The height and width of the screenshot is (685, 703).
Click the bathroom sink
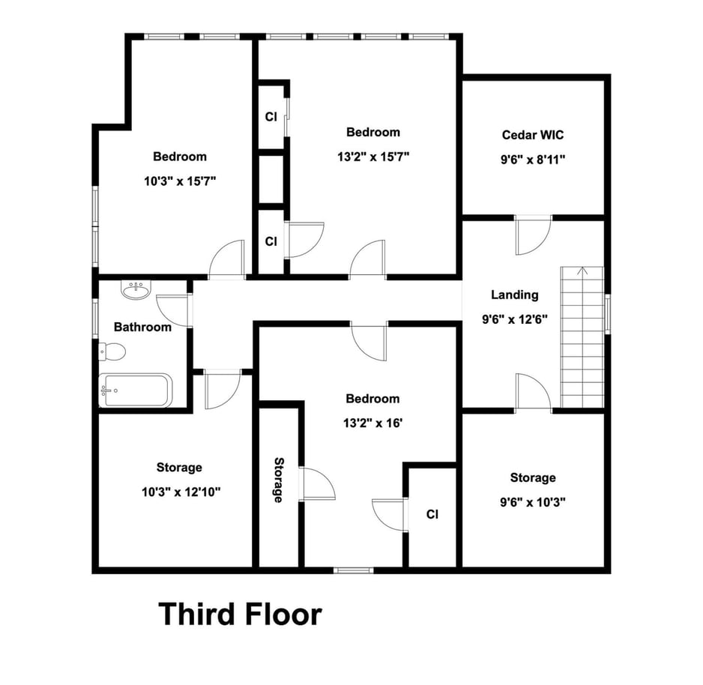pos(136,290)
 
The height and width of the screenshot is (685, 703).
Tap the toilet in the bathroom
pos(112,351)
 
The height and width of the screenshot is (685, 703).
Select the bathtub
pos(136,390)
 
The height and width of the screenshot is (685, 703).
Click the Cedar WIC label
pos(533,135)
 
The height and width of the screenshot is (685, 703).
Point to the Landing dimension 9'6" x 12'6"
pos(515,319)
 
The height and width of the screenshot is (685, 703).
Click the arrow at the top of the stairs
pos(582,271)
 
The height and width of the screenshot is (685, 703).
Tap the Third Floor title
pos(241,614)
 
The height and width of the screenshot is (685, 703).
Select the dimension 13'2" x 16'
pos(372,423)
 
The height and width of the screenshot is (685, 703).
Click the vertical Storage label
pos(278,480)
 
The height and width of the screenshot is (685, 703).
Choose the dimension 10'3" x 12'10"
pos(181,492)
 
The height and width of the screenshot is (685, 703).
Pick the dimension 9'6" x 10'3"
pos(533,502)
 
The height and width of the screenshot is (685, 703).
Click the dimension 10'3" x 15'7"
pos(180,181)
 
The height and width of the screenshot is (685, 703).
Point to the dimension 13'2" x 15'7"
pos(373,157)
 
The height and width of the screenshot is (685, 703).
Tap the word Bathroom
pos(142,327)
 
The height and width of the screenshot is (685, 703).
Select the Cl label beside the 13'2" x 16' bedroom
pos(432,514)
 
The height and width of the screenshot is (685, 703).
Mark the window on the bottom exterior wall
pos(353,570)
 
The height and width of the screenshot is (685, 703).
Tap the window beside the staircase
pos(608,314)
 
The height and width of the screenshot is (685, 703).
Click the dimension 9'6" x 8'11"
pos(533,160)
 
